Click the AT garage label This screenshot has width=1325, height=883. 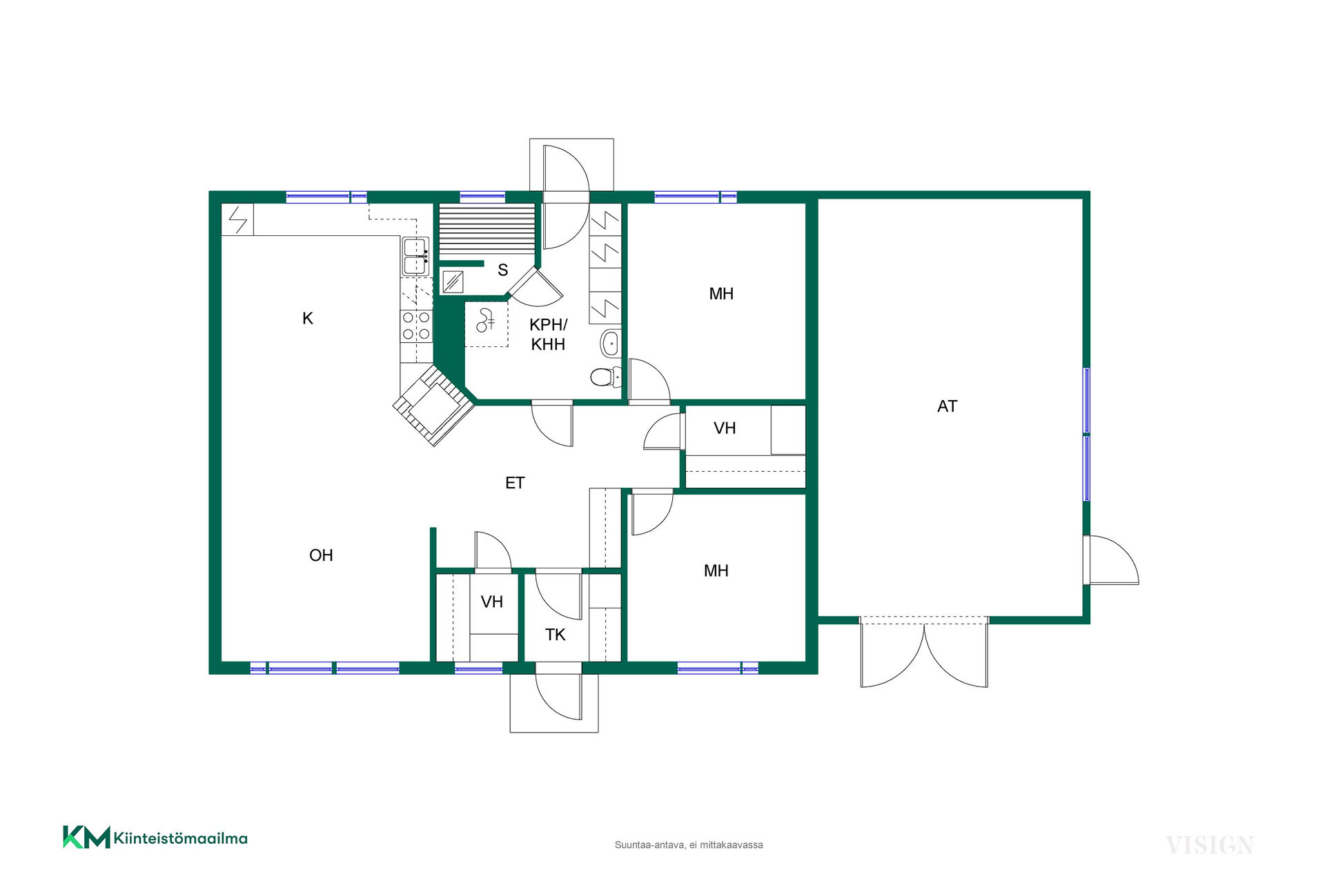[x=947, y=406]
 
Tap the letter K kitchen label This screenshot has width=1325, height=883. [x=308, y=318]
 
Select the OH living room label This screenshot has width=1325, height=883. [x=321, y=555]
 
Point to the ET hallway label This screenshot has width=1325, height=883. [x=515, y=483]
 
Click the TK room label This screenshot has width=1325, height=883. [x=555, y=635]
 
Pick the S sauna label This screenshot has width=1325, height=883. [x=503, y=270]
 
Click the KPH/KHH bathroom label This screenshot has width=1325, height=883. [x=548, y=335]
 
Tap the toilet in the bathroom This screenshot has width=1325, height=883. [x=605, y=377]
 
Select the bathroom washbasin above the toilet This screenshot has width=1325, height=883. [x=611, y=344]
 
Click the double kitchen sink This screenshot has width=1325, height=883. [x=415, y=257]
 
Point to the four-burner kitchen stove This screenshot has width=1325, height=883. [x=416, y=326]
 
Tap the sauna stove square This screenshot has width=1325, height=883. [x=453, y=281]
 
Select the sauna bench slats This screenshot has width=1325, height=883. [x=487, y=230]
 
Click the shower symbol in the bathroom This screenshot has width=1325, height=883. [x=486, y=322]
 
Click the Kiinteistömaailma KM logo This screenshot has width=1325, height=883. [x=155, y=837]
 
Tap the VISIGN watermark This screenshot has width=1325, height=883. [x=1209, y=845]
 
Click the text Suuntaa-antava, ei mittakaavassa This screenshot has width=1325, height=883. [x=689, y=845]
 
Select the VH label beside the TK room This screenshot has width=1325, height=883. [x=492, y=602]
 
